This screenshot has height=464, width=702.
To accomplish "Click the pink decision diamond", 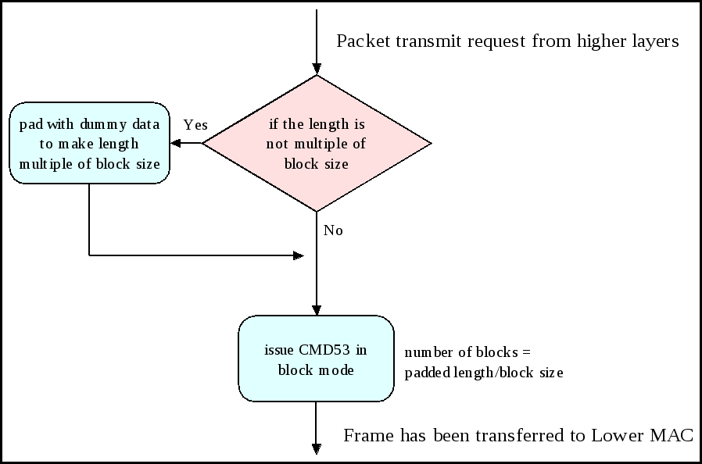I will (x=317, y=144).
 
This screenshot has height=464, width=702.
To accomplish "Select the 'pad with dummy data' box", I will (x=90, y=143).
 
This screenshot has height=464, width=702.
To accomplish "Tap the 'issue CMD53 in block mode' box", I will (x=315, y=359).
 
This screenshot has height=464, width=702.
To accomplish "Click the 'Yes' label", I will (x=195, y=125).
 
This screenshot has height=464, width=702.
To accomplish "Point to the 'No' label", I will (x=333, y=230).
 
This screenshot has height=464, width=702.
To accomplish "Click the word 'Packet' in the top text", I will (x=360, y=41).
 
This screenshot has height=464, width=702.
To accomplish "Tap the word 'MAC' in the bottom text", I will (x=672, y=436).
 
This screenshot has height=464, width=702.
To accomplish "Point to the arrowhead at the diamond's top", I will (x=317, y=69).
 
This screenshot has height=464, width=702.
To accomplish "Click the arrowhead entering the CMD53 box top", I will (x=317, y=310).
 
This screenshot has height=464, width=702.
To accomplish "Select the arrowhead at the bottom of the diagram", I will (x=317, y=448).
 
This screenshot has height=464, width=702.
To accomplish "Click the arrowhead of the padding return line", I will (x=298, y=255).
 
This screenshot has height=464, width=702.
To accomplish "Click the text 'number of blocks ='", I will (x=468, y=352).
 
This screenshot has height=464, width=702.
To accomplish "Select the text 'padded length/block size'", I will (x=483, y=373).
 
